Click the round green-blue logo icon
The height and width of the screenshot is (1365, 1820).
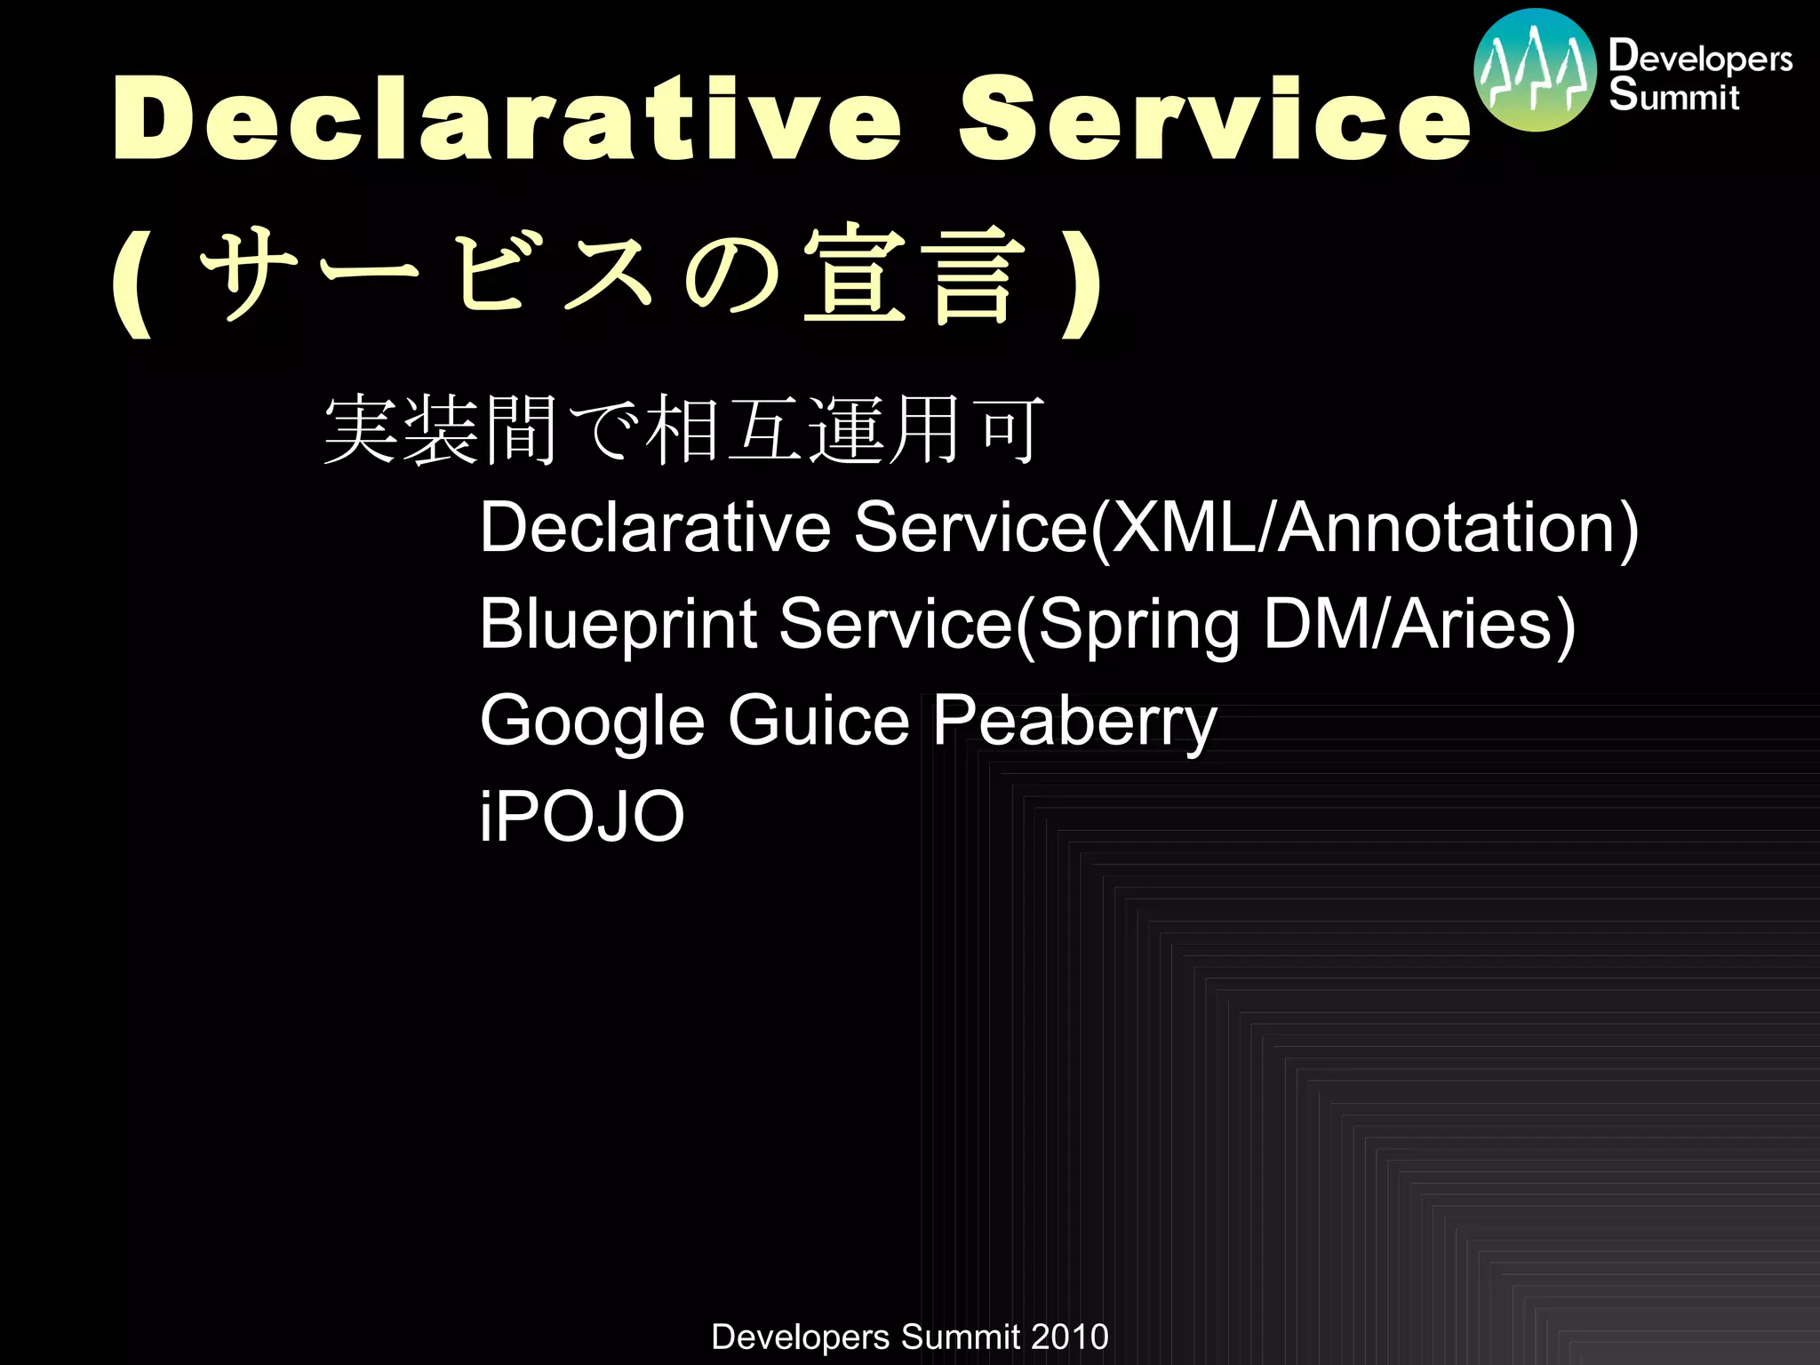(1535, 71)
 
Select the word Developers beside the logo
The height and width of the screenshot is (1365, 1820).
(1700, 57)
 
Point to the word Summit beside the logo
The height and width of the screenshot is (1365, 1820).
(1673, 95)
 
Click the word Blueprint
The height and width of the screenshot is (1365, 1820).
(618, 624)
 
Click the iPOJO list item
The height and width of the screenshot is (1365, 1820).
(581, 816)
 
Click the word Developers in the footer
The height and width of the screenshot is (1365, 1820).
(800, 1337)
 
